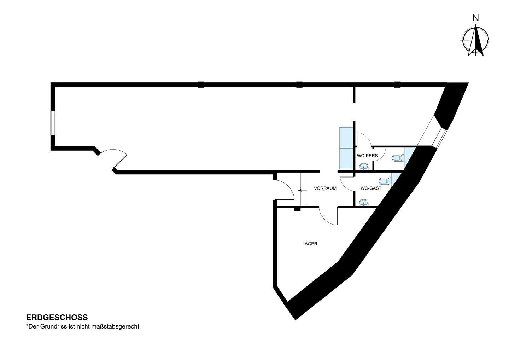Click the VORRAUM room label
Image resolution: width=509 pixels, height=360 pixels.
[325, 188]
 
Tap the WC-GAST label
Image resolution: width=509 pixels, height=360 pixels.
[371, 188]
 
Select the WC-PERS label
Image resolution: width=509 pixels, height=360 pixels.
[367, 156]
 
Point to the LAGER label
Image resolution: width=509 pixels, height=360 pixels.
[310, 244]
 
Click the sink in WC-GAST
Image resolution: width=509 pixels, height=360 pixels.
[364, 203]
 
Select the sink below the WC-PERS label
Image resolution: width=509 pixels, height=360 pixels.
[364, 167]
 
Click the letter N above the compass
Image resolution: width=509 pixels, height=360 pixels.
[476, 18]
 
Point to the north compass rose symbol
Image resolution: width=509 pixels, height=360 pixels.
[476, 41]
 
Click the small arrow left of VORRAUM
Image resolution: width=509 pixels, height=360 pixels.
[303, 190]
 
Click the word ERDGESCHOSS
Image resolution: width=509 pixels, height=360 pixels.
[57, 317]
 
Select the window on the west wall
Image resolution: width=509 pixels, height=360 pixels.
[52, 123]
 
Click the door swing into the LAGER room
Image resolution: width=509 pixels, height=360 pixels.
[328, 216]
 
